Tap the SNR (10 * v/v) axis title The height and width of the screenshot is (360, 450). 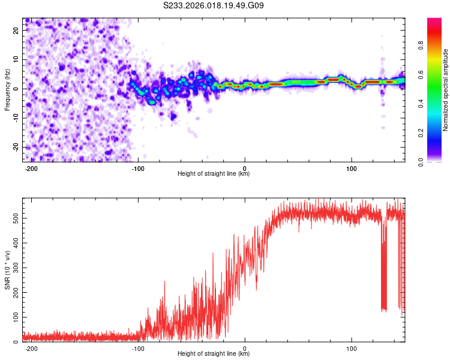pyautogui.click(x=7, y=271)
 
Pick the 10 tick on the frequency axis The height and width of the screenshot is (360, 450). pyautogui.click(x=17, y=59)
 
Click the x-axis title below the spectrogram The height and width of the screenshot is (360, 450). pyautogui.click(x=214, y=174)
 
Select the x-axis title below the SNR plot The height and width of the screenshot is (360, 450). pyautogui.click(x=214, y=354)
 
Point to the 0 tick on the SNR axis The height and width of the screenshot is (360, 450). pyautogui.click(x=17, y=341)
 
